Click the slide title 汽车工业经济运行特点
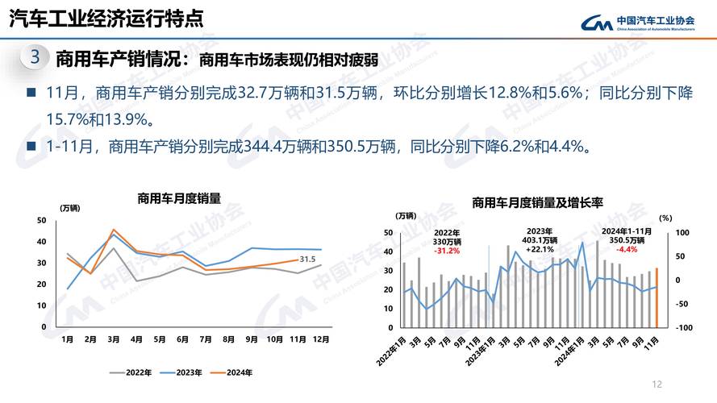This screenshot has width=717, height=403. [106, 18]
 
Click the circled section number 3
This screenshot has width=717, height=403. [34, 58]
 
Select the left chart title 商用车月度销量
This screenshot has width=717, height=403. [178, 197]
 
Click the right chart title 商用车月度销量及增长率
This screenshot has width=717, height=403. [537, 202]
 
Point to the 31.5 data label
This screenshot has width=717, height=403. [306, 259]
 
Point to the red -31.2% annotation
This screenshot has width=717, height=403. [446, 251]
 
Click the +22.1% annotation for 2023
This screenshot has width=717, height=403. [540, 250]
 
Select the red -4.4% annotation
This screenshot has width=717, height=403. [627, 250]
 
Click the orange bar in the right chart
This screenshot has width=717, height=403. [657, 298]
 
